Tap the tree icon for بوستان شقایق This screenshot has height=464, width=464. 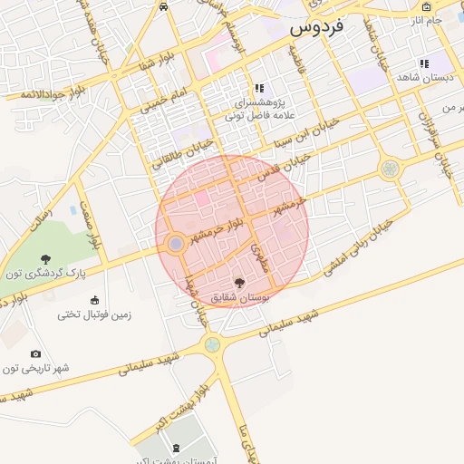pos(239,284)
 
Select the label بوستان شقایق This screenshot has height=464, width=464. pos(235,297)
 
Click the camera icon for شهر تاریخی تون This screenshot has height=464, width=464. pos(35,354)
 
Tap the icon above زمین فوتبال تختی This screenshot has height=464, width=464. pos(94,300)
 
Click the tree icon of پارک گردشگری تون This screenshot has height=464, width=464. pos(44,261)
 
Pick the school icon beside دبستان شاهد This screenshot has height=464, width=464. pos(424,63)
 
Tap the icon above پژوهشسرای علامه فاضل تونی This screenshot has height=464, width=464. pos(259,89)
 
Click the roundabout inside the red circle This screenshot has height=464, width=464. pos(175,244)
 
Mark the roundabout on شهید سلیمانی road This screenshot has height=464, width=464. pos(212,344)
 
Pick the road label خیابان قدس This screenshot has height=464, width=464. pos(291,167)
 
